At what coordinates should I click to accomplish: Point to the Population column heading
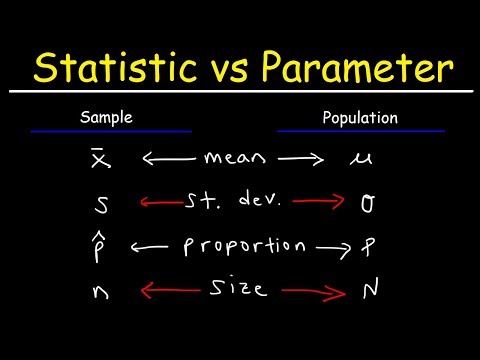361,118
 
